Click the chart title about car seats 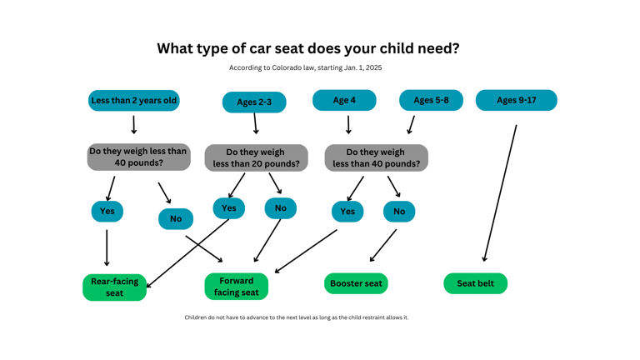pyautogui.click(x=307, y=48)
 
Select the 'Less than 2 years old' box pyautogui.click(x=134, y=101)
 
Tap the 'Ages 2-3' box pyautogui.click(x=254, y=102)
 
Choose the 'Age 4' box pyautogui.click(x=344, y=100)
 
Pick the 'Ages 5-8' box pyautogui.click(x=431, y=100)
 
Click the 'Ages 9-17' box pyautogui.click(x=516, y=100)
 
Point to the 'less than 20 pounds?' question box pyautogui.click(x=256, y=157)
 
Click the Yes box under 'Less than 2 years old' pyautogui.click(x=107, y=211)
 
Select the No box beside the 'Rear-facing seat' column pyautogui.click(x=176, y=218)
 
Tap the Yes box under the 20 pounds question pyautogui.click(x=229, y=207)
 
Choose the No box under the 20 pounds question pyautogui.click(x=280, y=207)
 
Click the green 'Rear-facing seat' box pyautogui.click(x=114, y=287)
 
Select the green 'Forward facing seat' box pyautogui.click(x=237, y=286)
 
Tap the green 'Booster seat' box pyautogui.click(x=356, y=283)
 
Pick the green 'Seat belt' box pyautogui.click(x=475, y=283)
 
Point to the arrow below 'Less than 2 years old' pyautogui.click(x=133, y=125)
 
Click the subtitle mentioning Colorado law pyautogui.click(x=306, y=67)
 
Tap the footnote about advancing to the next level pyautogui.click(x=297, y=317)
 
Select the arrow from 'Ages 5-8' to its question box pyautogui.click(x=411, y=125)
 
